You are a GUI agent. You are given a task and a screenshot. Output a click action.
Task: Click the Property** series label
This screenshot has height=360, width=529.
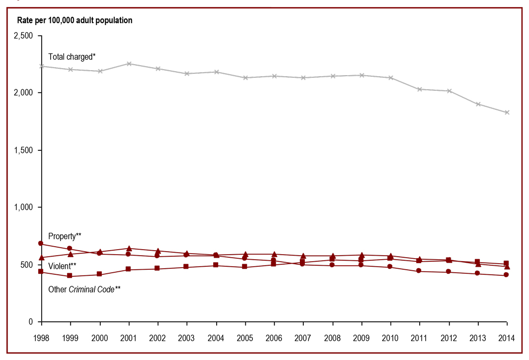coord(65,236)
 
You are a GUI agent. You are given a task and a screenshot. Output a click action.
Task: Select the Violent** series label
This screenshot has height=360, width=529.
coord(62,265)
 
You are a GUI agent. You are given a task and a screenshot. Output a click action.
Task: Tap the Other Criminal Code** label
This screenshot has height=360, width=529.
coord(84,289)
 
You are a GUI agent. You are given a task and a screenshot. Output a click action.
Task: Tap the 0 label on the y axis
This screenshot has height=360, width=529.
coord(31,321)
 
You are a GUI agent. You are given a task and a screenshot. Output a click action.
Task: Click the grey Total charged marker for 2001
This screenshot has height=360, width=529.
coord(129,64)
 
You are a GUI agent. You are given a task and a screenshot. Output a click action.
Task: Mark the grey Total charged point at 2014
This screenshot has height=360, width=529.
coord(506,112)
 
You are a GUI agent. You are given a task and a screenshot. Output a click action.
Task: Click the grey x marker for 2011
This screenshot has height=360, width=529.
coord(420,89)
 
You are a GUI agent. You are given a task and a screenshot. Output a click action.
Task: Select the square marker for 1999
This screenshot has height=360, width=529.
coord(70,276)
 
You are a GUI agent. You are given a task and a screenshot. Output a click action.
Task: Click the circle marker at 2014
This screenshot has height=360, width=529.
coord(506,275)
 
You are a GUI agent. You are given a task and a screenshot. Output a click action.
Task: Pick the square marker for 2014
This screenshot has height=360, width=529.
coord(506,263)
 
